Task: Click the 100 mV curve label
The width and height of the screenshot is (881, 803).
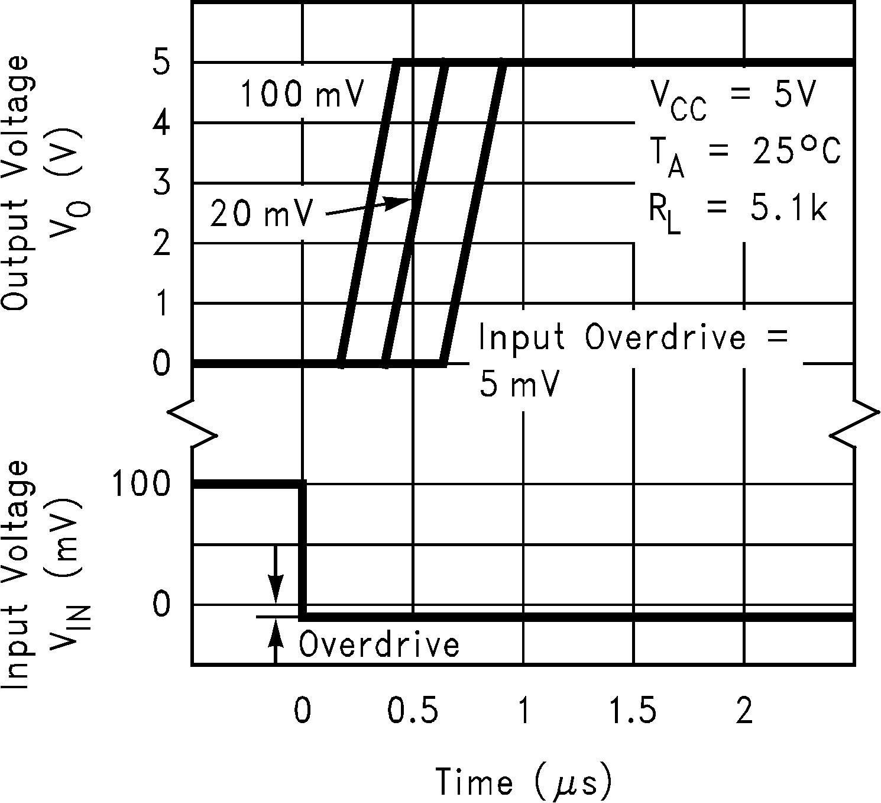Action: point(301,95)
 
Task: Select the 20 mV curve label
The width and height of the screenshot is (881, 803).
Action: point(260,214)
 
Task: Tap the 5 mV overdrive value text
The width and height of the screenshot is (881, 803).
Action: point(519,386)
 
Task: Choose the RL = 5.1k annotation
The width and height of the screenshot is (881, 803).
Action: point(737,212)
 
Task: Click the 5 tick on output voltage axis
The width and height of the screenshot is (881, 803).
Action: point(161,63)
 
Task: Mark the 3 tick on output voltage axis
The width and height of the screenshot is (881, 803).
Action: point(161,183)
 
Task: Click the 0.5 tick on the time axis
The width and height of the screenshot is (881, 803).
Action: point(413,711)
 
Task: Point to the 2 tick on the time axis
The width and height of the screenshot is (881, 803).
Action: point(744,711)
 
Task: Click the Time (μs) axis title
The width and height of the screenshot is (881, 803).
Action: point(523,782)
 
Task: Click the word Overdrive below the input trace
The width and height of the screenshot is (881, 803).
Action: point(379,644)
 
